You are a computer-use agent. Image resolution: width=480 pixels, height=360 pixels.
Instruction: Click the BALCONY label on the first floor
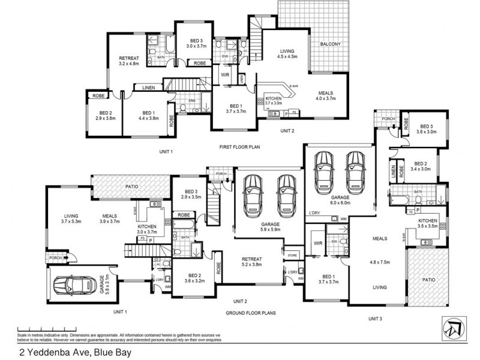[x=330, y=44]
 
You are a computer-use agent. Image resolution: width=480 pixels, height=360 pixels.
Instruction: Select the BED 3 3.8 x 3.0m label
[x=427, y=130]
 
